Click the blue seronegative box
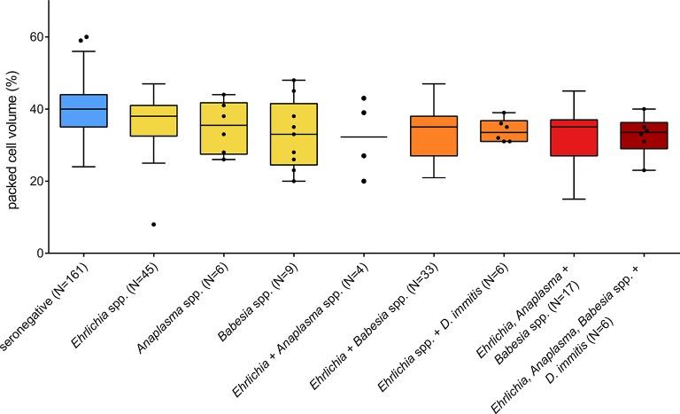(83, 110)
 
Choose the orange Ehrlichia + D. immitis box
(503, 131)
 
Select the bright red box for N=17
(573, 137)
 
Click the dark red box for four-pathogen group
(643, 135)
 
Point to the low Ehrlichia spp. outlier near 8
(153, 224)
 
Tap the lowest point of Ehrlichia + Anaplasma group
(363, 181)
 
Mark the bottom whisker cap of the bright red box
(573, 199)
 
